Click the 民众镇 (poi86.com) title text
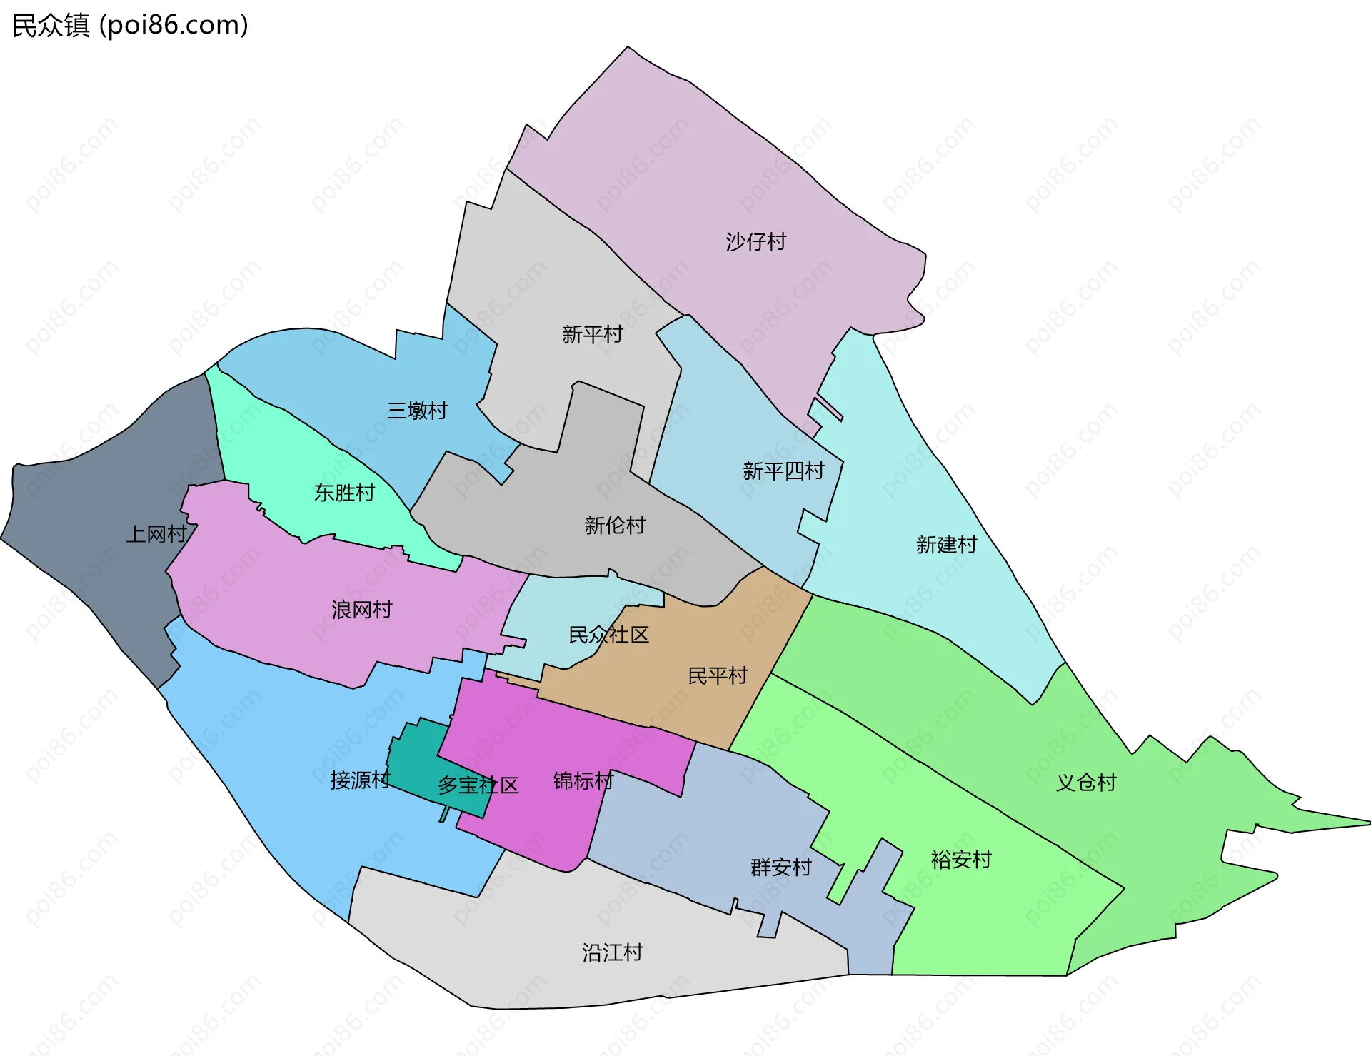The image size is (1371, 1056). pyautogui.click(x=130, y=26)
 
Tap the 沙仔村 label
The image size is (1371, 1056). pyautogui.click(x=755, y=241)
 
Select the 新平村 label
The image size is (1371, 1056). pyautogui.click(x=592, y=334)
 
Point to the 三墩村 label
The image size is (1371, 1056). pyautogui.click(x=417, y=411)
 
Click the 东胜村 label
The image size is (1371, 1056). pyautogui.click(x=344, y=493)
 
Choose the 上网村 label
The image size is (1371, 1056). pyautogui.click(x=156, y=534)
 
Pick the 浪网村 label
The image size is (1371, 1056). pyautogui.click(x=361, y=610)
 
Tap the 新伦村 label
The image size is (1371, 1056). pyautogui.click(x=614, y=526)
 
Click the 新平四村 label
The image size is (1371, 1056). pyautogui.click(x=783, y=471)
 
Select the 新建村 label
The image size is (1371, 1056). pyautogui.click(x=946, y=545)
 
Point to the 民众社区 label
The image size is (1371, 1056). pyautogui.click(x=608, y=635)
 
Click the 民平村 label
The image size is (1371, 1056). pyautogui.click(x=717, y=675)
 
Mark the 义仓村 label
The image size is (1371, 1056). pyautogui.click(x=1085, y=783)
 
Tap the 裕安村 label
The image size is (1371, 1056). pyautogui.click(x=961, y=860)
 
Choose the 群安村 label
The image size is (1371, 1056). pyautogui.click(x=781, y=868)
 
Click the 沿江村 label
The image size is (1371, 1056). pyautogui.click(x=612, y=952)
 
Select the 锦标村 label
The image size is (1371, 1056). pyautogui.click(x=583, y=781)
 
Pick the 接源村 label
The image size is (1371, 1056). pyautogui.click(x=360, y=780)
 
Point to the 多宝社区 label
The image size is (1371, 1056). pyautogui.click(x=478, y=785)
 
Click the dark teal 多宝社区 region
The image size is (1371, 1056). pyautogui.click(x=421, y=757)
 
